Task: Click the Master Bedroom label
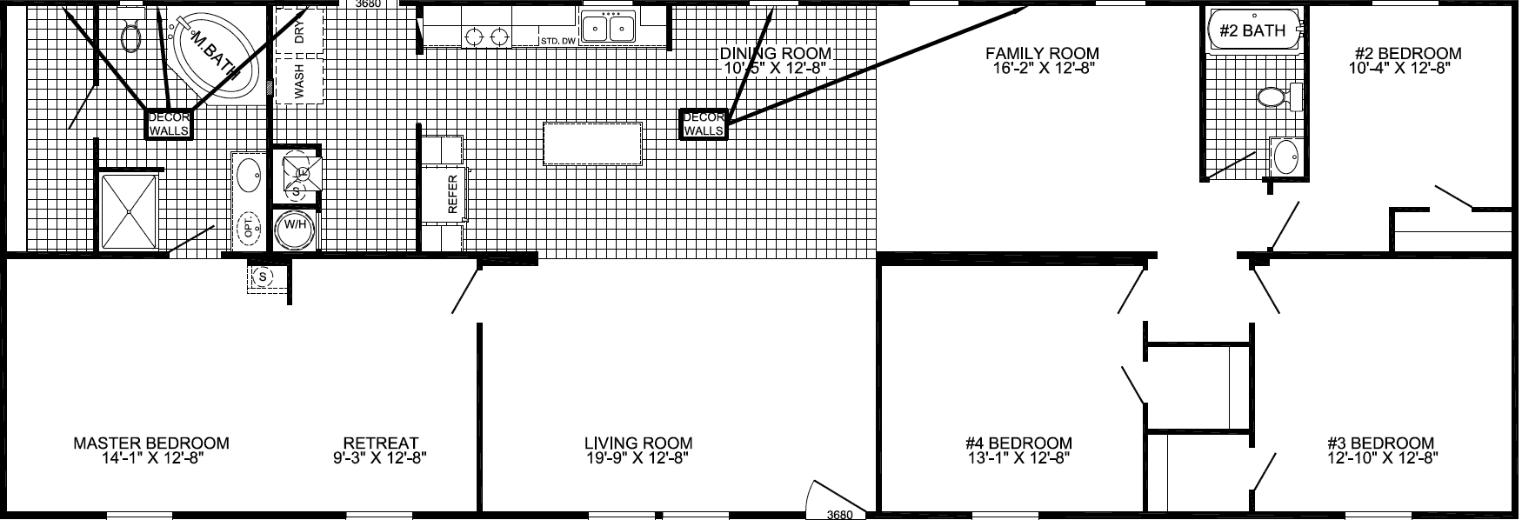pos(151,443)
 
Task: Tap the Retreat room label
pos(380,443)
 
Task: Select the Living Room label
pos(638,443)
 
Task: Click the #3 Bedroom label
pos(1380,443)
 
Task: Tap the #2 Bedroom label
pos(1405,54)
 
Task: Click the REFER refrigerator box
pos(451,194)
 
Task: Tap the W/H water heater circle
pos(293,230)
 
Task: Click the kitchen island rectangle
pos(593,143)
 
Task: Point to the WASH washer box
pos(298,81)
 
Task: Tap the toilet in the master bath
pos(131,35)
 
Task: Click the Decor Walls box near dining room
pos(704,124)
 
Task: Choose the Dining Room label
pos(776,54)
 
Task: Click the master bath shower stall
pos(130,211)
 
